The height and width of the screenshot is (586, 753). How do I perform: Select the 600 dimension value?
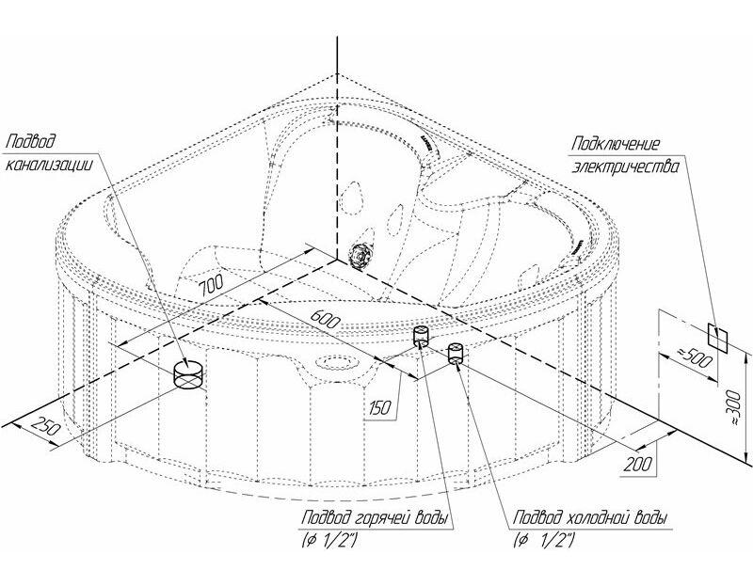(326, 318)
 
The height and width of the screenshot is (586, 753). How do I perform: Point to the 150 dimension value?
(380, 408)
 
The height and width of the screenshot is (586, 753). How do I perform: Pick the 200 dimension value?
(638, 464)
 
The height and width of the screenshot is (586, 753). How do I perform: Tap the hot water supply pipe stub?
(421, 336)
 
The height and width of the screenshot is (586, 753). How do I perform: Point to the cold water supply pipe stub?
(455, 354)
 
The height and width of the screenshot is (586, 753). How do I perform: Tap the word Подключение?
(616, 144)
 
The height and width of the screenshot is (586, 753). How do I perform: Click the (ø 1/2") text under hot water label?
(328, 542)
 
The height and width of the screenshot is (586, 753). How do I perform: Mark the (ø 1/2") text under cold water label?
(543, 542)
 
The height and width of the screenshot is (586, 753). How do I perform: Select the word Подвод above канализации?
(30, 141)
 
